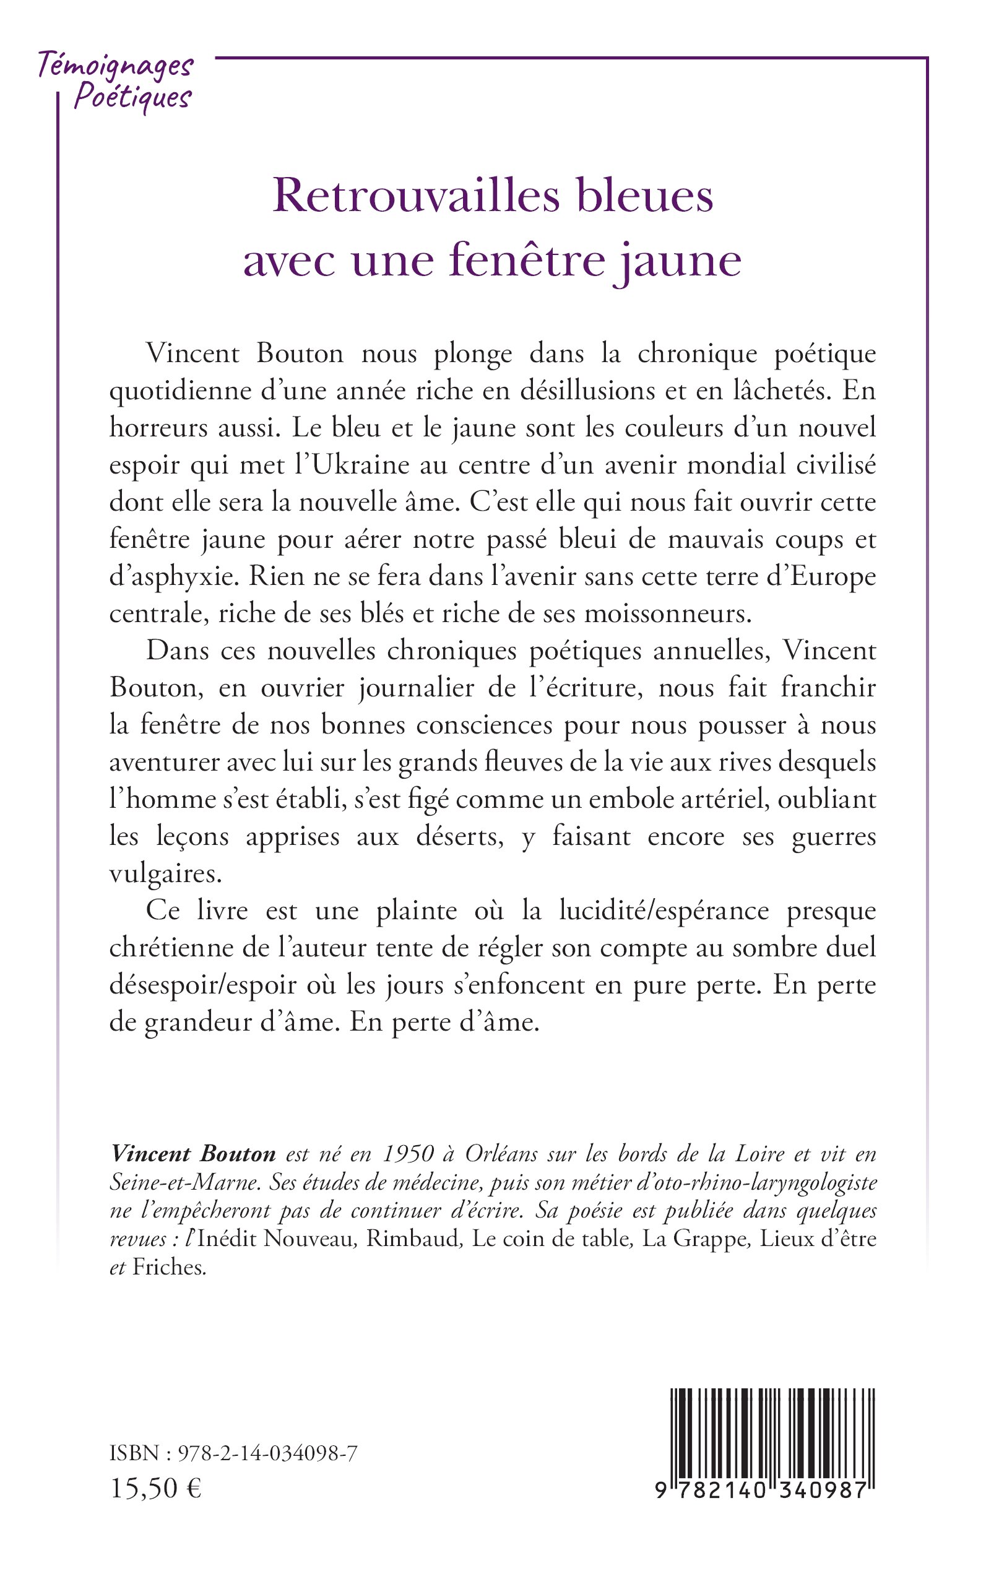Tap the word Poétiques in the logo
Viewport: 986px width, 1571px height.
click(132, 98)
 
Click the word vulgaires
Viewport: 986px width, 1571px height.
click(165, 874)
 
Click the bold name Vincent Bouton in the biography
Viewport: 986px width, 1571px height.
click(193, 1154)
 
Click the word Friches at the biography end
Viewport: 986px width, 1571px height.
click(169, 1266)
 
